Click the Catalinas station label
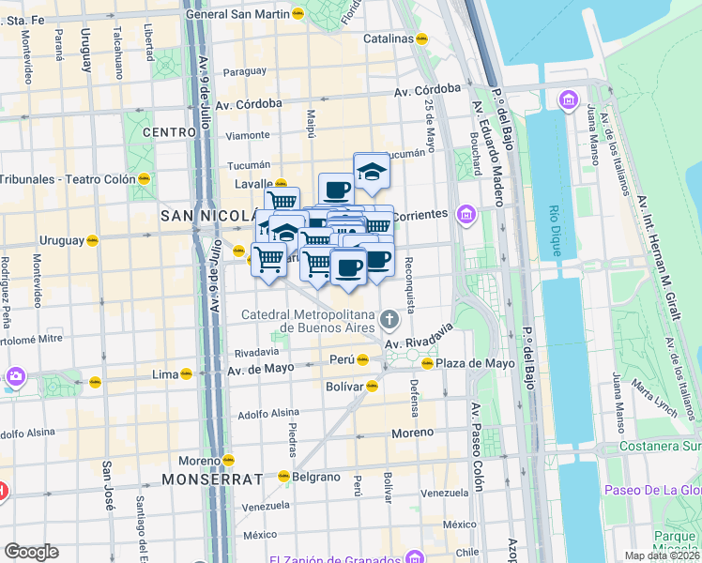pos(389,39)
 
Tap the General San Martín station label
pos(237,14)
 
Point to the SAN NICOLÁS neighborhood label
pos(206,215)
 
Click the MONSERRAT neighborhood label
pos(211,479)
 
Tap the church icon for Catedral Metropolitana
pos(389,322)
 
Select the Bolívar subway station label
pos(343,386)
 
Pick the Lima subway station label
pos(164,374)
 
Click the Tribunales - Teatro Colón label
pos(67,179)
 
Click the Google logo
pos(32,552)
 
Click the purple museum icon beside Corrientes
pos(466,216)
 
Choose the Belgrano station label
pos(316,477)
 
